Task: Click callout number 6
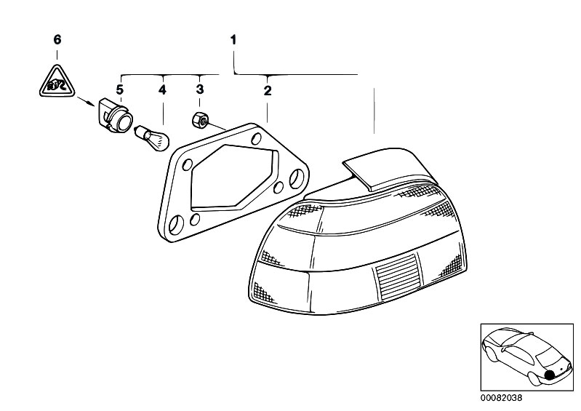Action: [57, 40]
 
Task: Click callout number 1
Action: [233, 40]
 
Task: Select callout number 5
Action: [119, 89]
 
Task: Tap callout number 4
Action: [162, 89]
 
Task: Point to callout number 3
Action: [200, 89]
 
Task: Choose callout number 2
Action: [268, 90]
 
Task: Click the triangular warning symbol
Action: [57, 81]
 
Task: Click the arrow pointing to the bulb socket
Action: [86, 101]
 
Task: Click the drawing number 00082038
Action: [501, 398]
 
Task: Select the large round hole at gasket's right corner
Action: [297, 177]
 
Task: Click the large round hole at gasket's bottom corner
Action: [176, 223]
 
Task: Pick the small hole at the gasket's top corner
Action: [256, 140]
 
